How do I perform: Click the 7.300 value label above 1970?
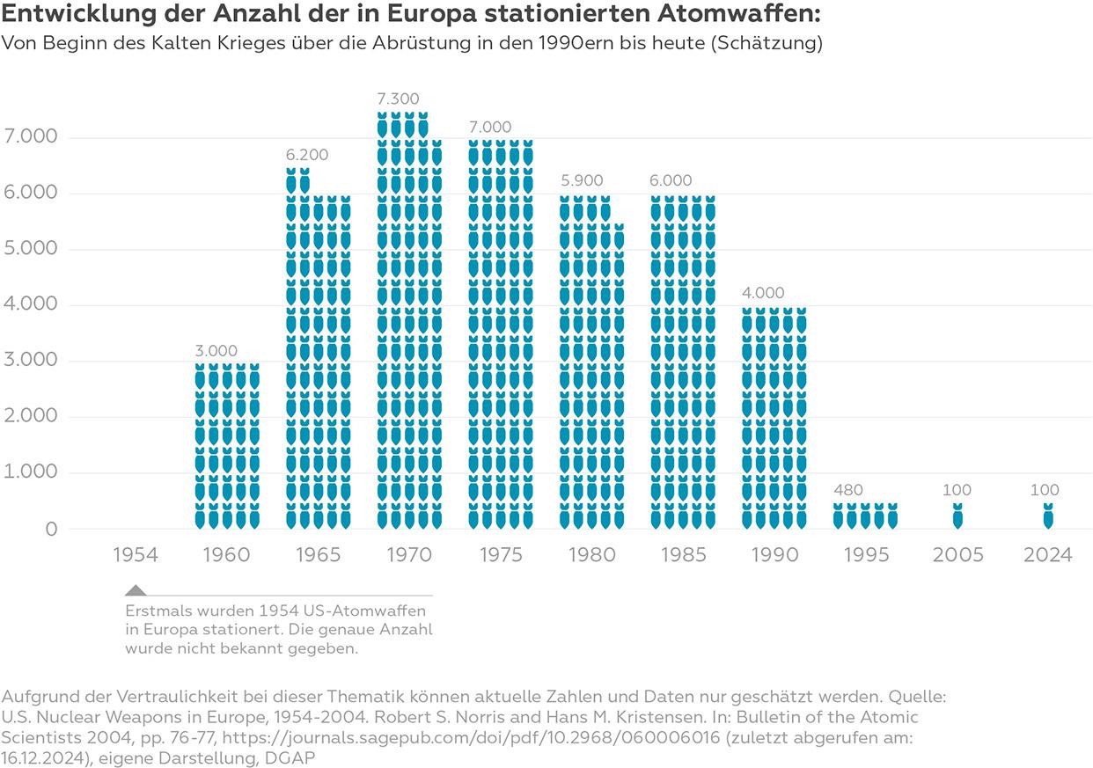tap(398, 99)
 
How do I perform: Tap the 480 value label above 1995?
tap(848, 490)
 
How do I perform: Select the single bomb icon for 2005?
tap(957, 516)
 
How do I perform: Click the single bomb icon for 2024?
tap(1048, 516)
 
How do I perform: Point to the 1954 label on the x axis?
tap(136, 555)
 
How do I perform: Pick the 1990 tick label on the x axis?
tap(774, 555)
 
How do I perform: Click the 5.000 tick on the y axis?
tap(31, 249)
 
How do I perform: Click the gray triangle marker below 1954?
tap(136, 590)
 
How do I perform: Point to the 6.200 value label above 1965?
tap(306, 155)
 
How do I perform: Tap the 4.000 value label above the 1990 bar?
tap(762, 293)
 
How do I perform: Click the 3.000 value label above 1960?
tap(216, 350)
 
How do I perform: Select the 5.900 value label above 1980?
tap(582, 181)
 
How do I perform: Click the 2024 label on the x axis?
tap(1047, 555)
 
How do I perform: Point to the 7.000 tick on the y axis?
tap(31, 137)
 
